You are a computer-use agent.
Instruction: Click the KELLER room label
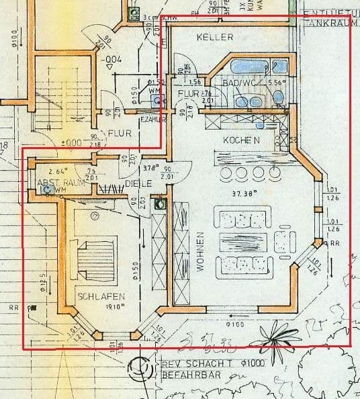[x=216, y=37]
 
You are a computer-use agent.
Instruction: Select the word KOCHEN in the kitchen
[x=242, y=140]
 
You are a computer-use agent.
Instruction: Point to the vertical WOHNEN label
[x=199, y=256]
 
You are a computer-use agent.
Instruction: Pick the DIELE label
[x=138, y=182]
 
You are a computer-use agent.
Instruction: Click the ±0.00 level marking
[x=71, y=142]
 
